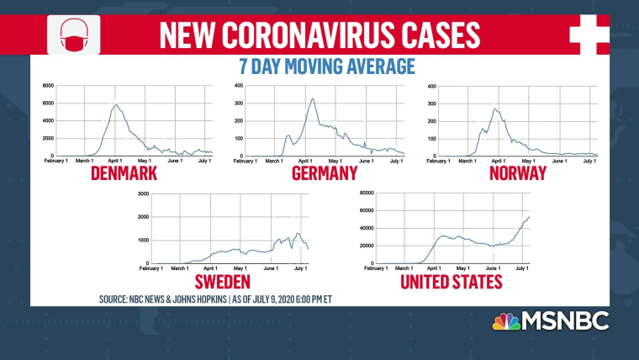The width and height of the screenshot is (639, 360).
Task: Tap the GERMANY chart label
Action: coord(324,173)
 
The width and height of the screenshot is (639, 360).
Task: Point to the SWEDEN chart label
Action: coord(224,280)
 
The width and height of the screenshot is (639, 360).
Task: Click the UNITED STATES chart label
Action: coord(452,280)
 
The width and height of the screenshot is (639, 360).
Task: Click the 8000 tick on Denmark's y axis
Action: coord(48,86)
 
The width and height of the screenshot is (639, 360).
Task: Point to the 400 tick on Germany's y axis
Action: coord(239,86)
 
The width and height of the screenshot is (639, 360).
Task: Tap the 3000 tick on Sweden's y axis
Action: coord(142,193)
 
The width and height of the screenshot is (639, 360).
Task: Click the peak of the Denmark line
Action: coord(115,104)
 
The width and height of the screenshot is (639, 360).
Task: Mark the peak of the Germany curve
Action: coord(313,99)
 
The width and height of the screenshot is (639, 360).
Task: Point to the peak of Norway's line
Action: coord(496,109)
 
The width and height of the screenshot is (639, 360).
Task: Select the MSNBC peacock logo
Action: coord(506,322)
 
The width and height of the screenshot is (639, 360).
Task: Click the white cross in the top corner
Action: coord(589,34)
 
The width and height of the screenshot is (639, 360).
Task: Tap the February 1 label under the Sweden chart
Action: coord(152,268)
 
